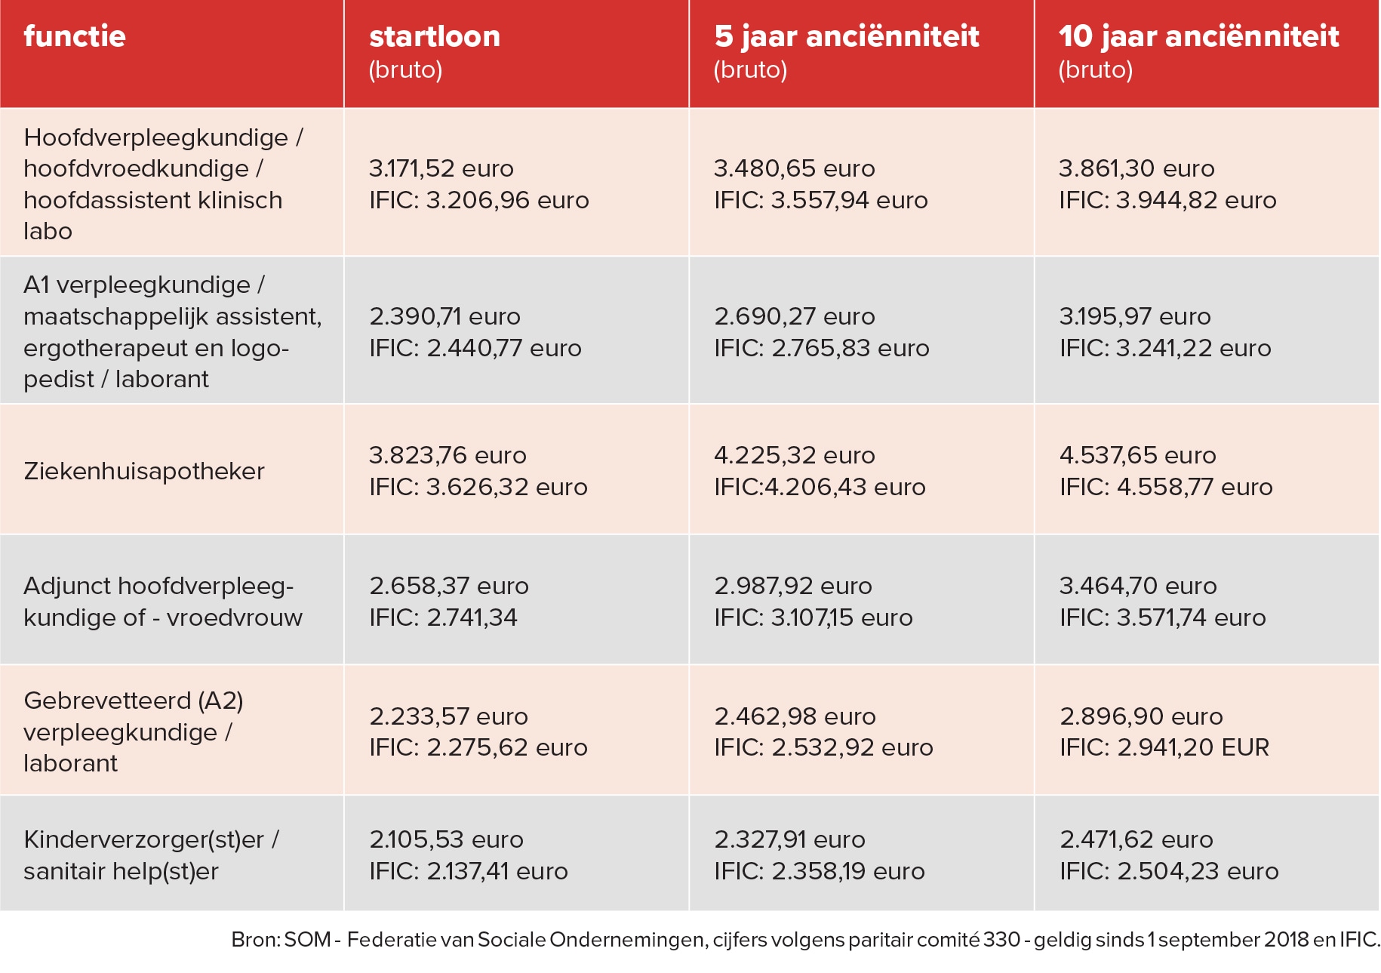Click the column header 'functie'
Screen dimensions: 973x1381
[x=75, y=36]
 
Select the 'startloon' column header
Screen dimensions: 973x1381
[x=435, y=36]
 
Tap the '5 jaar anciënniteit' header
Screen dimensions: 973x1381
[x=847, y=36]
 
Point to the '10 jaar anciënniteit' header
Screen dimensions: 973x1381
[x=1198, y=36]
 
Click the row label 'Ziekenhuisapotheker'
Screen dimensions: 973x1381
[x=144, y=471]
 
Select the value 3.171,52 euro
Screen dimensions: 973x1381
[x=441, y=168]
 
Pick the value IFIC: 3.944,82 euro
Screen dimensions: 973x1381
[x=1167, y=200]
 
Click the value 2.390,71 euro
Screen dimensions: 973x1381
[x=444, y=316]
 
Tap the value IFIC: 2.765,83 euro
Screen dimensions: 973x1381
[x=822, y=348]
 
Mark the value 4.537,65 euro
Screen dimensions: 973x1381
[x=1138, y=455]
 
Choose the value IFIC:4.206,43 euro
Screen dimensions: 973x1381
[x=820, y=487]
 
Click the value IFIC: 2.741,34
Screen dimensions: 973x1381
[x=443, y=617]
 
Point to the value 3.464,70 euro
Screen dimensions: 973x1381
[x=1138, y=586]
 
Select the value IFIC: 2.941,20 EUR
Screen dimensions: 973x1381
[x=1164, y=747]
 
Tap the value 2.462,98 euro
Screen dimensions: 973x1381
[x=795, y=716]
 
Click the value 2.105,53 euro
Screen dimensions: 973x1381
[x=446, y=839]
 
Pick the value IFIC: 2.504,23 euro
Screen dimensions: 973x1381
[x=1169, y=871]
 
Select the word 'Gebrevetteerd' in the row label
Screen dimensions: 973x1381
[x=107, y=700]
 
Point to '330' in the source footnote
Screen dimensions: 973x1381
[x=1002, y=940]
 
